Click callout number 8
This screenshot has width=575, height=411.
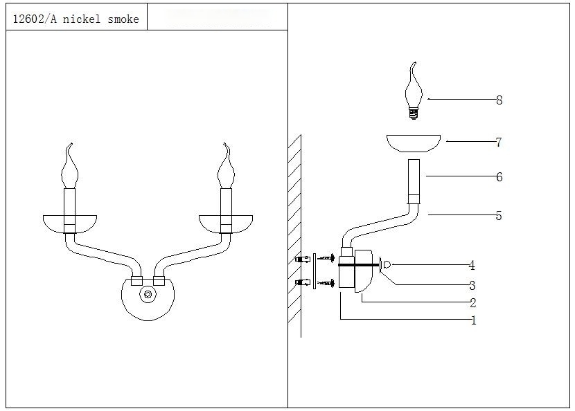click(x=499, y=100)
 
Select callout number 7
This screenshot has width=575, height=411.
click(x=498, y=143)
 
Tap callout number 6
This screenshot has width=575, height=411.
click(x=499, y=177)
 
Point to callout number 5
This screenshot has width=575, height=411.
click(x=498, y=216)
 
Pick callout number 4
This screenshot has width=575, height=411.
click(x=471, y=265)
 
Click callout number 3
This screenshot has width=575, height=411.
click(x=472, y=285)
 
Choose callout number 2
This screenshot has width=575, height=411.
click(x=472, y=303)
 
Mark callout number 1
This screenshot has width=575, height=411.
click(x=473, y=321)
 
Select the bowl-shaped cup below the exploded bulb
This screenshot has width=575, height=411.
click(x=414, y=142)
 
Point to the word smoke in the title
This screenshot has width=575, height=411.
click(x=123, y=19)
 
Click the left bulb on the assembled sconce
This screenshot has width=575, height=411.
click(x=69, y=167)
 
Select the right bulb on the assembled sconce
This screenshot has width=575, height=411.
click(x=225, y=167)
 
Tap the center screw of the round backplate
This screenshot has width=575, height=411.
click(x=147, y=294)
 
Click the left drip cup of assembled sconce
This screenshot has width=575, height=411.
click(x=70, y=223)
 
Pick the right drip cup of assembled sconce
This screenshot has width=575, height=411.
click(x=225, y=223)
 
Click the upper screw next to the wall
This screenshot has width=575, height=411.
click(x=326, y=259)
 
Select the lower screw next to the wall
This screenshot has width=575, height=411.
click(x=326, y=282)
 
